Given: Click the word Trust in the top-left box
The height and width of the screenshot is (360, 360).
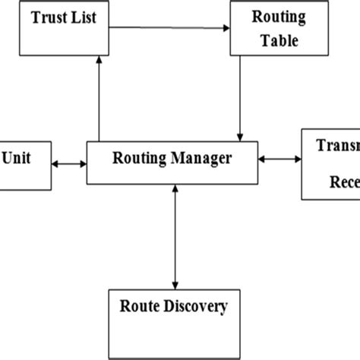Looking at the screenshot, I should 49,17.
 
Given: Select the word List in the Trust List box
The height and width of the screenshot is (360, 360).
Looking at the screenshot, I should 83,17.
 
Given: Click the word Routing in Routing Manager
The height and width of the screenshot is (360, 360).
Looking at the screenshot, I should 137,159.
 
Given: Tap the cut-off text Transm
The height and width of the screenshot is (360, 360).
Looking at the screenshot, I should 337,147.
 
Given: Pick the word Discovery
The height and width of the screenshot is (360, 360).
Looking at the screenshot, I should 195,307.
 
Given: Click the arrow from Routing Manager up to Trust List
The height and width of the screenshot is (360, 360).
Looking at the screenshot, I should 99,99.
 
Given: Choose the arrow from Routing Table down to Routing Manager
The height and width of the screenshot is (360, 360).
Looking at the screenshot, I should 240,99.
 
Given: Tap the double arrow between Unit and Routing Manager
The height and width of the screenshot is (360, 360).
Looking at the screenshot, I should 70,163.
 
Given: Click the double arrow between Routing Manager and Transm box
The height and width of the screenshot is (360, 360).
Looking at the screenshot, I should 279,159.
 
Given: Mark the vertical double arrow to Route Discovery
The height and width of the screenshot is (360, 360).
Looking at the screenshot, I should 175,235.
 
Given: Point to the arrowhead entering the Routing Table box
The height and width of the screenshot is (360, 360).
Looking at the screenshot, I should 226,29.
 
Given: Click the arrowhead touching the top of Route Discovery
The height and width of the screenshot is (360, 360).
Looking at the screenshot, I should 175,283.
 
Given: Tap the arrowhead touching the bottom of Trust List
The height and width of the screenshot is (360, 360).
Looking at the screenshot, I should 99,60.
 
